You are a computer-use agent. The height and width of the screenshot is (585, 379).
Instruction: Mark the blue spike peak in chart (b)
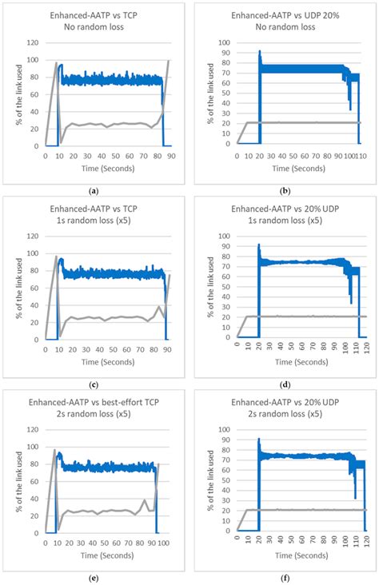[259, 52]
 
